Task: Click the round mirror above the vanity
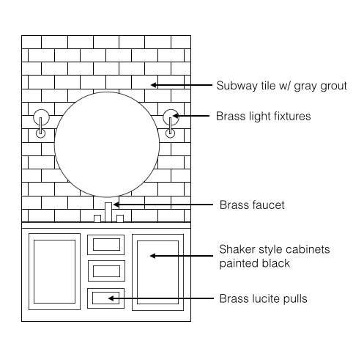[x=107, y=144]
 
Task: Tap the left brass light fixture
[x=41, y=123]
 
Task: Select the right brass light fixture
[x=170, y=123]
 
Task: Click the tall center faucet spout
[x=108, y=212]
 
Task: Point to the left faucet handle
[x=97, y=218]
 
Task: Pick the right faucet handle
[x=120, y=218]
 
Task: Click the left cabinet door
[x=54, y=271]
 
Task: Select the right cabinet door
[x=157, y=272]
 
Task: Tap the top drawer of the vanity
[x=106, y=245]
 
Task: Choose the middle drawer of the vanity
[x=106, y=271]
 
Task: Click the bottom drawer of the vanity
[x=106, y=298]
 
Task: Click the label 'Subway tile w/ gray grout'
[x=281, y=86]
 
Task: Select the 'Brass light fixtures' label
[x=264, y=116]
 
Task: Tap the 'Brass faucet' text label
[x=252, y=205]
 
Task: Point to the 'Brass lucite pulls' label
[x=263, y=298]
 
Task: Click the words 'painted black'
[x=254, y=263]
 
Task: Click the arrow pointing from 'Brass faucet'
[x=163, y=205]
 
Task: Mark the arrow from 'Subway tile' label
[x=182, y=85]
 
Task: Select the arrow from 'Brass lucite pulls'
[x=161, y=298]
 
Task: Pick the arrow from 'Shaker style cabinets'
[x=182, y=256]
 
